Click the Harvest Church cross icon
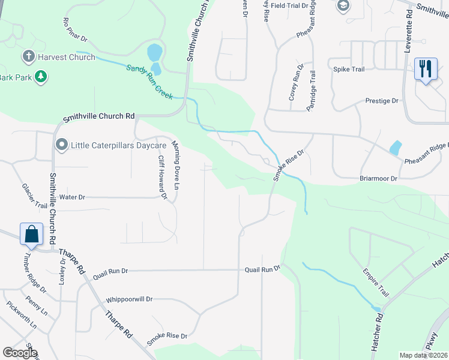click(28, 57)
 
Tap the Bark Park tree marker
click(41, 77)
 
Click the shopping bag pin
click(31, 234)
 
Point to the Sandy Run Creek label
click(149, 82)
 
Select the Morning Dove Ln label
click(176, 158)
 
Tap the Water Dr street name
click(73, 197)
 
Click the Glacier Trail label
click(33, 196)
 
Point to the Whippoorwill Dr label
click(129, 299)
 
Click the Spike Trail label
click(349, 70)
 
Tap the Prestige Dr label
click(382, 101)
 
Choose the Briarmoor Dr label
click(378, 179)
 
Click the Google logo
click(20, 353)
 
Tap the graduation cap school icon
click(343, 6)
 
